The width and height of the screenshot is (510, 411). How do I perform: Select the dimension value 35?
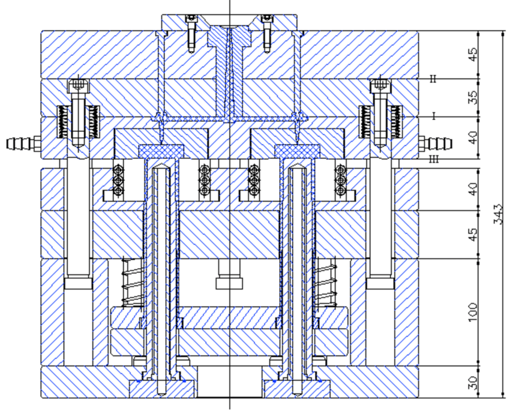point(473,96)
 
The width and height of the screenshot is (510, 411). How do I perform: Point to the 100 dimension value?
point(473,310)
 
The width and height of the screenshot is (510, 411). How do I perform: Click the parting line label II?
point(434,79)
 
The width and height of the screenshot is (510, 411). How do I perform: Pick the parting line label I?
point(434,116)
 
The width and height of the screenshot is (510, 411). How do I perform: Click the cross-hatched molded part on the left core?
point(161,148)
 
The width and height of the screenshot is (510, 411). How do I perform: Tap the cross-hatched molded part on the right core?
point(298,148)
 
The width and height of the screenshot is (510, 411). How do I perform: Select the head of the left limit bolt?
point(78,87)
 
